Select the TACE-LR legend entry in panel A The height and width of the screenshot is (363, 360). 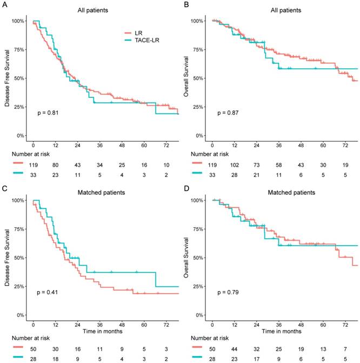point(142,41)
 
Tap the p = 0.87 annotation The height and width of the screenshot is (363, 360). point(228,113)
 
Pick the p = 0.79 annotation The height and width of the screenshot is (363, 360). point(228,293)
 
